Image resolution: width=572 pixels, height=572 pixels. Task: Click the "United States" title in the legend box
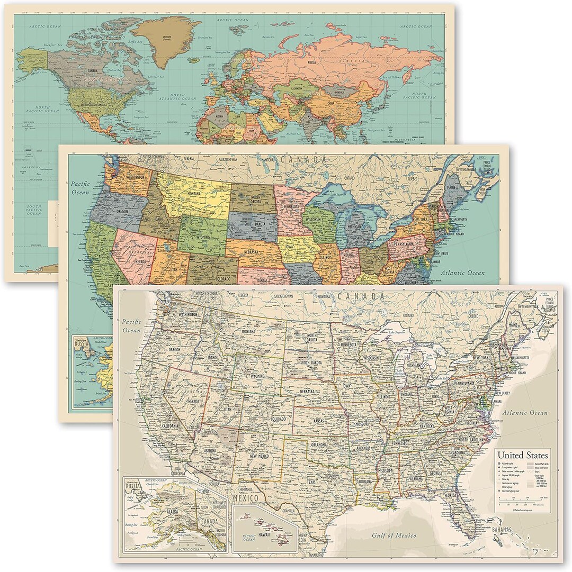[x=522, y=455]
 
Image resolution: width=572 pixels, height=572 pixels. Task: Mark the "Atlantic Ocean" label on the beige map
[x=525, y=413]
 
